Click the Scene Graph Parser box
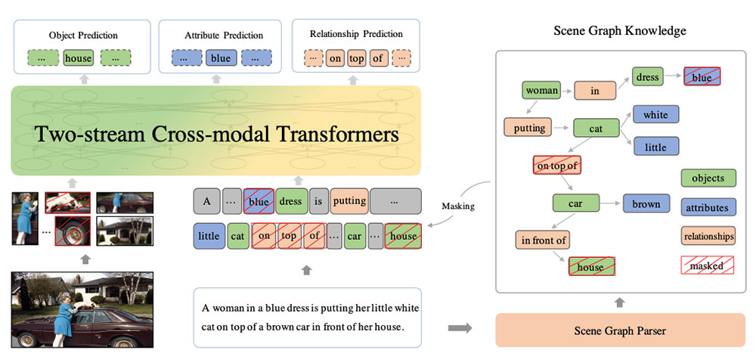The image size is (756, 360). point(619,330)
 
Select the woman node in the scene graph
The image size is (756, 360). point(541,91)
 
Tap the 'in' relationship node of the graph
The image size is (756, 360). point(594,91)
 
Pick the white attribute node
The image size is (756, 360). point(655,115)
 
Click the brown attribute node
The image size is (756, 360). point(646,203)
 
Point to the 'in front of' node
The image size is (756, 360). point(541,241)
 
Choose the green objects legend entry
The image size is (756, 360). point(708,178)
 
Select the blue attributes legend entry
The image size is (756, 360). point(708,207)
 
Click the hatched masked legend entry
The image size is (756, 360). point(708,265)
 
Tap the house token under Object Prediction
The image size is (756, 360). point(78,57)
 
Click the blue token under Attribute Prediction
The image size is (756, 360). point(220,57)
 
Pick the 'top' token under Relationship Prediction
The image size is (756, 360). point(357,57)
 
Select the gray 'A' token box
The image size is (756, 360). point(206,201)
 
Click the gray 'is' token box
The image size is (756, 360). point(319,201)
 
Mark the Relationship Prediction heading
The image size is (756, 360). point(356,34)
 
